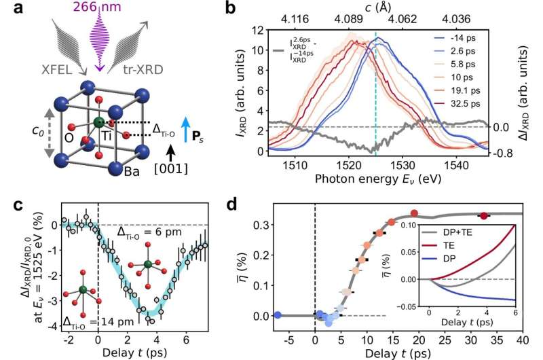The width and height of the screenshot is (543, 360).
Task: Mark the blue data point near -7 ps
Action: tap(277, 315)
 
